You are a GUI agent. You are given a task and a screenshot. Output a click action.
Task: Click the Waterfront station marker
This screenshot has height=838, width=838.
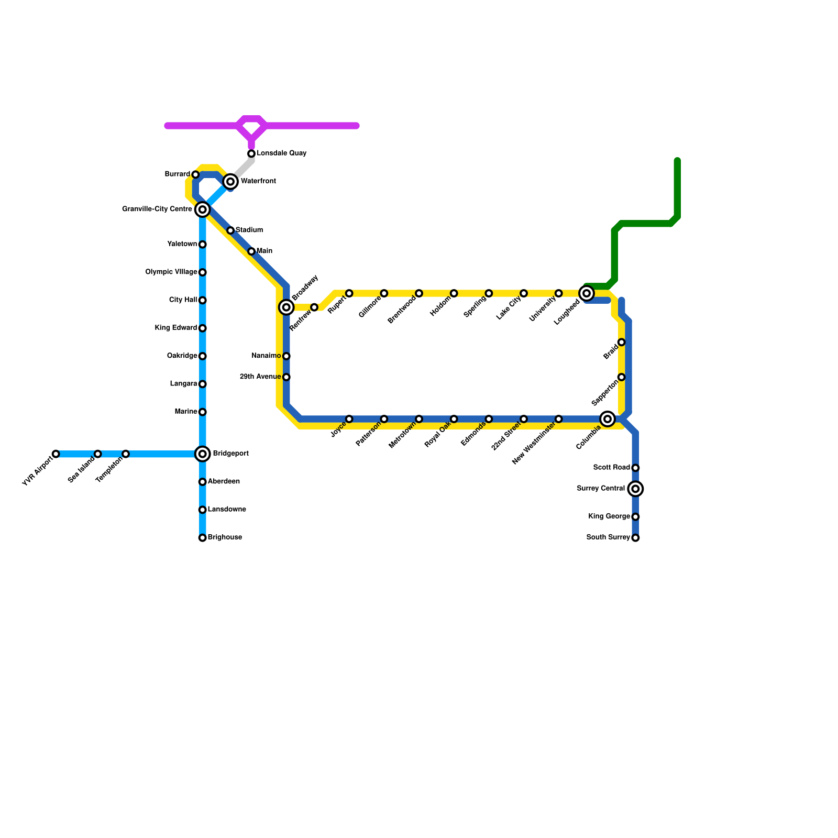point(230,182)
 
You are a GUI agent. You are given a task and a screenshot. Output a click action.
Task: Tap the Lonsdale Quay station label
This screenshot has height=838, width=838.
point(281,153)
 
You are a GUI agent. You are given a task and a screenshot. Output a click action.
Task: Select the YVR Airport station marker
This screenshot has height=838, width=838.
point(56,454)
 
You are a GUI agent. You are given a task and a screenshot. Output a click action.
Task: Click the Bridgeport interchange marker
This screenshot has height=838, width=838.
point(203,454)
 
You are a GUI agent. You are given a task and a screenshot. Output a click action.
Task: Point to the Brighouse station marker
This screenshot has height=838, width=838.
point(203,538)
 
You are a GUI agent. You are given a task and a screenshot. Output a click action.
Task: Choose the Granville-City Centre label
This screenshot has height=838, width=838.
point(157,210)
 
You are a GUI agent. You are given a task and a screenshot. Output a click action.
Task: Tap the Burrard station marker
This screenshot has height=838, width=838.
point(195,174)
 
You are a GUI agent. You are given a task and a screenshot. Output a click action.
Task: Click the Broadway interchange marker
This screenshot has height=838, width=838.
point(286,307)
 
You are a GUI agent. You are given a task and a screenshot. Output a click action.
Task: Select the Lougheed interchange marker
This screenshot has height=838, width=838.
point(587,293)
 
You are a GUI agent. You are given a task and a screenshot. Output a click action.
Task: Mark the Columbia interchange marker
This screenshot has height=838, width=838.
point(608,419)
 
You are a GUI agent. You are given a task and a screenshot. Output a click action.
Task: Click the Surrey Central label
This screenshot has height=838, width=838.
point(601,489)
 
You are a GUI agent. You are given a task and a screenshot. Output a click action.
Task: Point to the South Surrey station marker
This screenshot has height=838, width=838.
point(635,538)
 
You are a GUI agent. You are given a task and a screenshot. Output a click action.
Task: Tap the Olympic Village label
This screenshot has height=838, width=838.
point(171,272)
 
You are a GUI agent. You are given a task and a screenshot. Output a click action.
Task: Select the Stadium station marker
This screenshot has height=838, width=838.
point(230,230)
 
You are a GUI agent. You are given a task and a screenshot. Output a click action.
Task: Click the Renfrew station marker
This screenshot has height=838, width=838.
point(314,307)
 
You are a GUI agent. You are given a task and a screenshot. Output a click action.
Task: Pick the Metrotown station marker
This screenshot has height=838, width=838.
point(419,419)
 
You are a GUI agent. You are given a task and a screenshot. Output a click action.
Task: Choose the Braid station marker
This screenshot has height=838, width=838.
point(621,343)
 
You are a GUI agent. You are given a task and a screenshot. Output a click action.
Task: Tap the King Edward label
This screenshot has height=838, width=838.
point(176,328)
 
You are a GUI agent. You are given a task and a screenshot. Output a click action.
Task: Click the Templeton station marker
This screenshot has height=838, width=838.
point(126,454)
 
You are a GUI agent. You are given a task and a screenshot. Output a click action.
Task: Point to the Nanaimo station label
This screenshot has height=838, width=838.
point(266,356)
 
